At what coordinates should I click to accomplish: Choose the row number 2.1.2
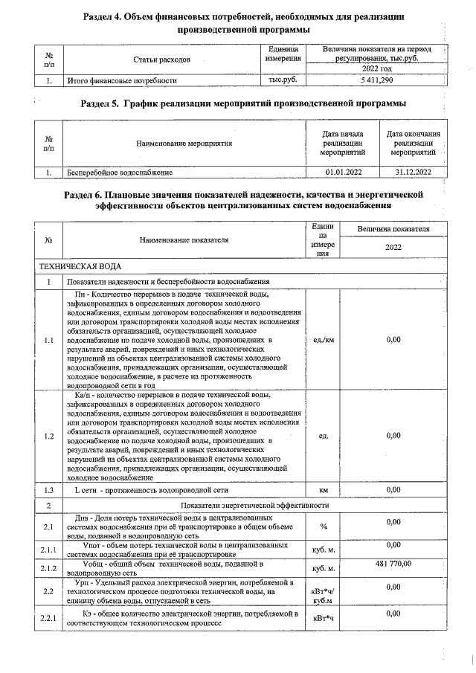click(48, 569)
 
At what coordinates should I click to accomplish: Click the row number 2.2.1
click(48, 618)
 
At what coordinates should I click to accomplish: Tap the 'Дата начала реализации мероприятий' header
click(343, 142)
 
